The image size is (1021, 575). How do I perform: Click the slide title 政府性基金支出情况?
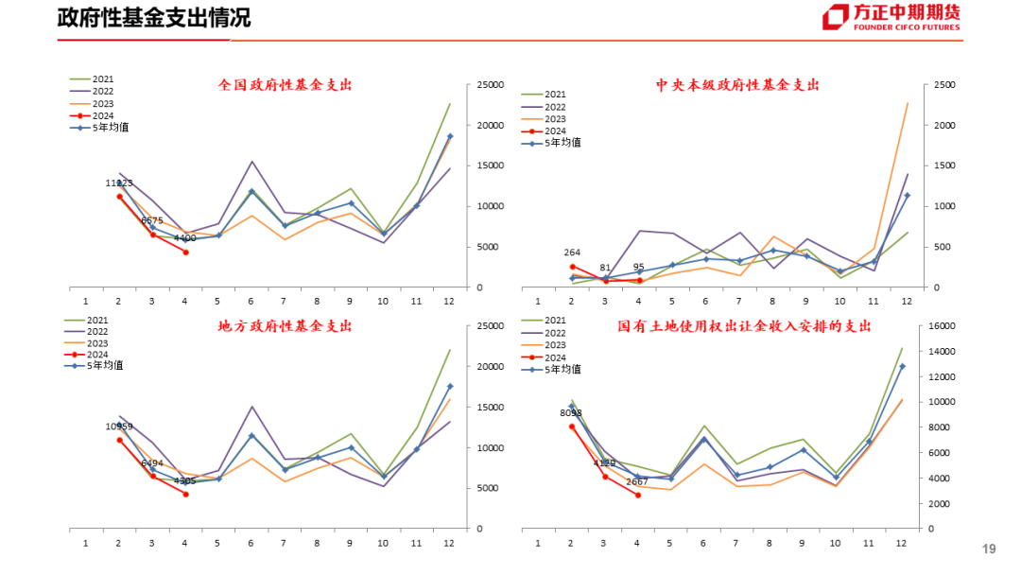pos(154,18)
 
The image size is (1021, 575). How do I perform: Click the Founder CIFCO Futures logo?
pos(891,18)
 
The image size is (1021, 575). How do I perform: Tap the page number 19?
pos(989,549)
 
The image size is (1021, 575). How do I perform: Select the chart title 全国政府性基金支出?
pos(285,85)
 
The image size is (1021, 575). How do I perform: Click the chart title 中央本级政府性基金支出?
pos(737,85)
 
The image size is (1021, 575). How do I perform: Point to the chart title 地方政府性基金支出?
pos(285,326)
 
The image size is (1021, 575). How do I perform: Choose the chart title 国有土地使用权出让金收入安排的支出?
pos(744,326)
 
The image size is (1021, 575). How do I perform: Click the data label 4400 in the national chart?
pos(184,238)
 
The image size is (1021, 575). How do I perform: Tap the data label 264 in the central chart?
pos(572,253)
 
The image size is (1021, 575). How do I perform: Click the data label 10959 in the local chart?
pos(119,427)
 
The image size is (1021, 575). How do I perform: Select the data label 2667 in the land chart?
pos(637,480)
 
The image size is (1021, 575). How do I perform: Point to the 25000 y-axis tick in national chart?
pos(493,85)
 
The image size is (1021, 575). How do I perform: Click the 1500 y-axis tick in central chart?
pos(944,166)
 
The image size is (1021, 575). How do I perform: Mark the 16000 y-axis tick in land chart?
pos(945,326)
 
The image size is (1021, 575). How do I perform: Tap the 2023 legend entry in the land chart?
pos(555,345)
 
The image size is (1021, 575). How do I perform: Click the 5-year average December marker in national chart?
pos(449,136)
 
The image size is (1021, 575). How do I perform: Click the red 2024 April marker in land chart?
pos(637,495)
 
